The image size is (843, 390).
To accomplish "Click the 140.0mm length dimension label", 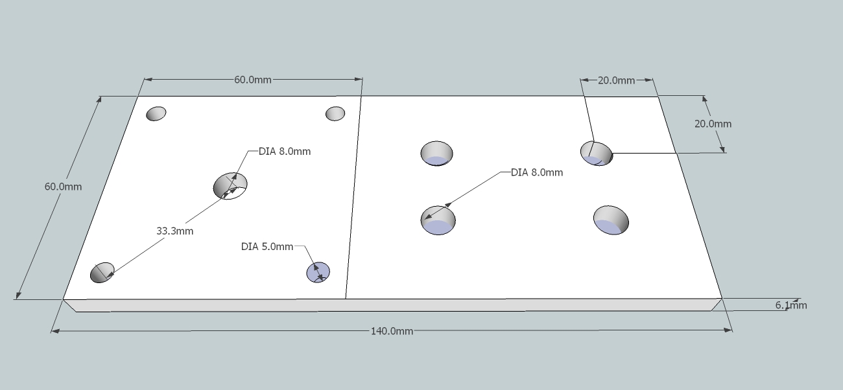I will point(392,331).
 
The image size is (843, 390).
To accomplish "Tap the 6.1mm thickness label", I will point(791,306).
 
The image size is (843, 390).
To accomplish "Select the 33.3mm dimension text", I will point(174,231).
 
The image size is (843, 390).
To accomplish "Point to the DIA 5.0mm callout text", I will point(267,247).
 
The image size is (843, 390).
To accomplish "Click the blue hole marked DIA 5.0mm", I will point(318,272).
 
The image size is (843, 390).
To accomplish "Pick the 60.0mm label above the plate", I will point(253,80).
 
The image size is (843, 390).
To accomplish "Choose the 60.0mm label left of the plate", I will point(63,187).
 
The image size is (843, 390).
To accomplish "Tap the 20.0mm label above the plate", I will point(616,80).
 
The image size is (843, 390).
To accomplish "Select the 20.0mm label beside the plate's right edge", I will point(713,124).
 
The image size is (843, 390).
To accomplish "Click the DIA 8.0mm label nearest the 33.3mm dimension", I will point(285,152).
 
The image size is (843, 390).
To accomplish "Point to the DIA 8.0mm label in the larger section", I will point(536,172).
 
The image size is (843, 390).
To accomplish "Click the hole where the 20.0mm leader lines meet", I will point(596,153).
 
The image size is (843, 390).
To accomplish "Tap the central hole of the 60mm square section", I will point(230,185).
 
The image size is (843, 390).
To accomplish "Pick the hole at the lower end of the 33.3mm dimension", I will point(102,272).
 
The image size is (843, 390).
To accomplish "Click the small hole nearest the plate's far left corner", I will point(156,113).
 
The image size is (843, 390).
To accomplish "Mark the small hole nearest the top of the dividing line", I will point(335,113).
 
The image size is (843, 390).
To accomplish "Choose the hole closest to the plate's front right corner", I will point(611,220).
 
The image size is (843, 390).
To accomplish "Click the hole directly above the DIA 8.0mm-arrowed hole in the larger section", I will point(436,154).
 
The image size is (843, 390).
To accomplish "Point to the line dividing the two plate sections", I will point(353,194).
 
